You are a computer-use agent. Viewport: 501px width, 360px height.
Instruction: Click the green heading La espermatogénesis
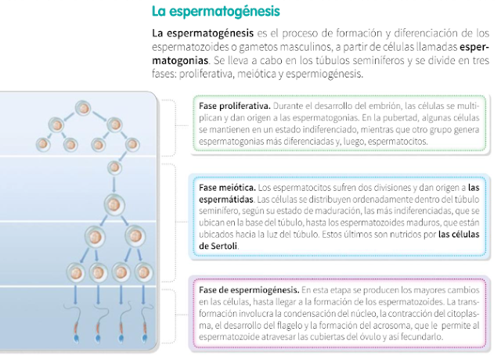click(x=215, y=12)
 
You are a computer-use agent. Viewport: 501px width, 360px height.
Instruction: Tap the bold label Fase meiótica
click(x=227, y=189)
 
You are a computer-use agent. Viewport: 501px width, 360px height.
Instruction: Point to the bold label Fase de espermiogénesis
click(x=248, y=290)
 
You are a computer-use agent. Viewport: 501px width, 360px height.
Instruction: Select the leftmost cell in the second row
click(x=44, y=145)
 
